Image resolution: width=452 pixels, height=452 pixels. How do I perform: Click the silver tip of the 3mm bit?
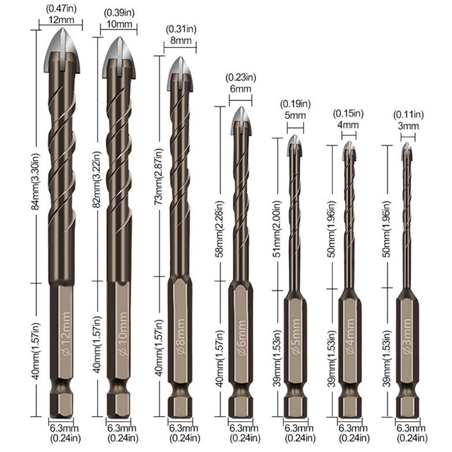click(407, 152)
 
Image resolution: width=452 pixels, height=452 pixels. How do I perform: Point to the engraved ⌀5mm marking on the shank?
click(296, 342)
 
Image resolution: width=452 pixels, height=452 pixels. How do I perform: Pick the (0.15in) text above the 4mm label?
click(348, 113)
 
